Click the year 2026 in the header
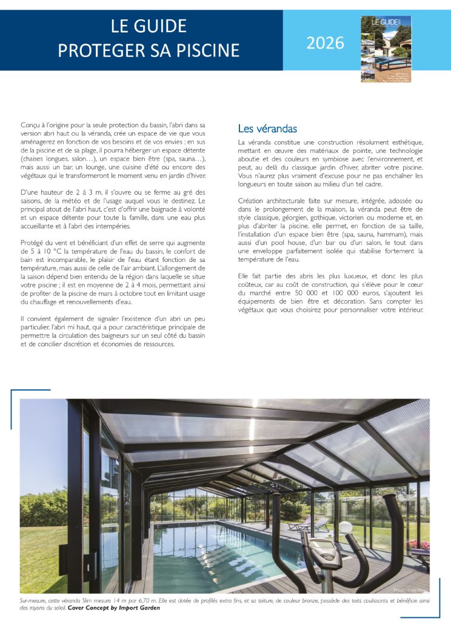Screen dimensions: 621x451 [x=325, y=43]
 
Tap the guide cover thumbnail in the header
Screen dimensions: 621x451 [x=386, y=49]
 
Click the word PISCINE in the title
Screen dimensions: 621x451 [x=205, y=50]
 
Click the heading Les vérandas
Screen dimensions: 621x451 [x=267, y=129]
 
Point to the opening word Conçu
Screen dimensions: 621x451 [x=30, y=124]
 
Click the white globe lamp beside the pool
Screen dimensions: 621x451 [x=345, y=528]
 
